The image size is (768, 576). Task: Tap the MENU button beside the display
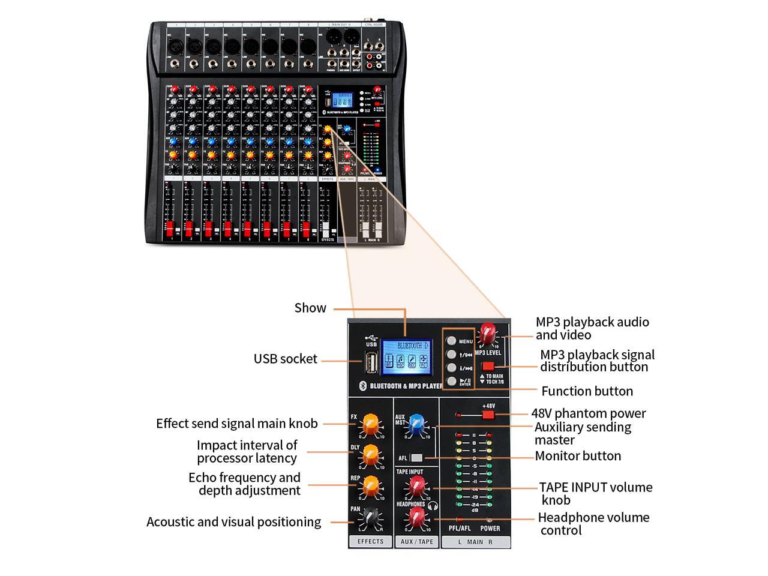click(451, 340)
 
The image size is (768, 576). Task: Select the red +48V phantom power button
click(488, 414)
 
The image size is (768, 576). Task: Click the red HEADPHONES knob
click(416, 517)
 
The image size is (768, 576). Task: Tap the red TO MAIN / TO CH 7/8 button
click(488, 365)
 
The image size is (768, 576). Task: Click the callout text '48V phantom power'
click(588, 413)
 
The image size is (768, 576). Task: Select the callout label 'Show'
click(310, 308)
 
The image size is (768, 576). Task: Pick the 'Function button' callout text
click(587, 391)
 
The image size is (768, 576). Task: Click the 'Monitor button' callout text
click(578, 456)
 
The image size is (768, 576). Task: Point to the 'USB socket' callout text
click(285, 359)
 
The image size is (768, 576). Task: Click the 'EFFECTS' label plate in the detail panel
click(370, 541)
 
